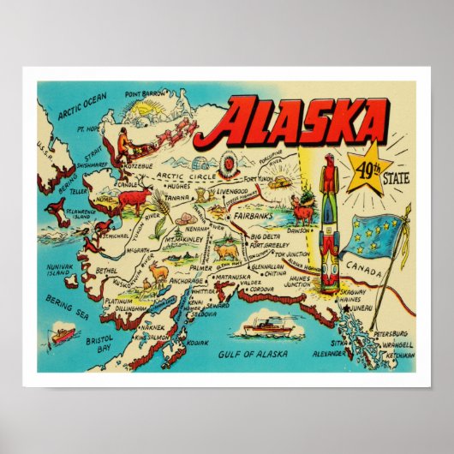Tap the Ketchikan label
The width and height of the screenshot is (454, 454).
pos(400,354)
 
